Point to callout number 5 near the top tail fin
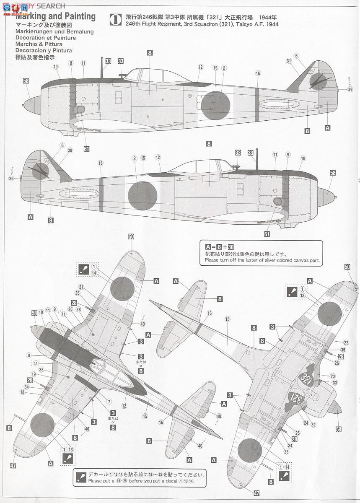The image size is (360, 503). pyautogui.click(x=296, y=55)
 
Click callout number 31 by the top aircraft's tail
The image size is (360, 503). pyautogui.click(x=288, y=61)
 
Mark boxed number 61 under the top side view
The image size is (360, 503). pyautogui.click(x=86, y=148)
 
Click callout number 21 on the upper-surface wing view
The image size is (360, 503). pyautogui.click(x=80, y=287)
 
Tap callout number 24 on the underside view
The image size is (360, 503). pyautogui.click(x=306, y=423)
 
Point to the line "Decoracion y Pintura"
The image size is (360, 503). pyautogui.click(x=43, y=50)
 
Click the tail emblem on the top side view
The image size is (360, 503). pyautogui.click(x=319, y=81)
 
